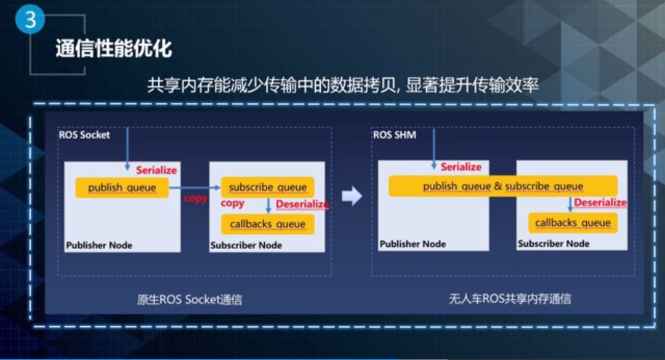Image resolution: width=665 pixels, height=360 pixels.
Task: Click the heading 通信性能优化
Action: [x=113, y=48]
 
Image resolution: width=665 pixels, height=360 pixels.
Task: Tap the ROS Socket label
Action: [x=84, y=134]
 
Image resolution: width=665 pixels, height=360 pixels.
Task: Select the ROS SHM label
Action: [x=395, y=134]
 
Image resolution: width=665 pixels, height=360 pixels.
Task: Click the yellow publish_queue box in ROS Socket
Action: [x=122, y=187]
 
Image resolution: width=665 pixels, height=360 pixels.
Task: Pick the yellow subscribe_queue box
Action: [x=267, y=187]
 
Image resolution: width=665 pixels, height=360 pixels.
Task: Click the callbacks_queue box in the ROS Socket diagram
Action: [x=267, y=224]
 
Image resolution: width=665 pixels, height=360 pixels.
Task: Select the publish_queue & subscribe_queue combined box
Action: [x=502, y=186]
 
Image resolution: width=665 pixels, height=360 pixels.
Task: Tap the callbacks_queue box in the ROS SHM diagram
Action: [x=572, y=223]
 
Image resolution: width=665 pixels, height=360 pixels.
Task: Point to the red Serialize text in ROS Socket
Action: [x=156, y=170]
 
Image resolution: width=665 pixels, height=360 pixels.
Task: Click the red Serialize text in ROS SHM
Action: [x=461, y=167]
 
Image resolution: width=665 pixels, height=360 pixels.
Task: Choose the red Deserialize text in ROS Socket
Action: [x=302, y=204]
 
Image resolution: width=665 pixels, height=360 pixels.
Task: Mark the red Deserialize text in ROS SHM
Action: [x=600, y=202]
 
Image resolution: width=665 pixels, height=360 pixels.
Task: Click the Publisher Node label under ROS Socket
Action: [x=99, y=245]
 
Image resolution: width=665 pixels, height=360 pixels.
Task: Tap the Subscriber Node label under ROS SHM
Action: [x=554, y=244]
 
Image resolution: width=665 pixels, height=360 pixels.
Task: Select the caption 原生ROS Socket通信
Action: [x=189, y=300]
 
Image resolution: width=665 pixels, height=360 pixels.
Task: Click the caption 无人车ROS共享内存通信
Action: [x=510, y=299]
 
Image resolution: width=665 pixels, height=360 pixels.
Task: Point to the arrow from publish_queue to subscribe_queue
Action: [x=195, y=186]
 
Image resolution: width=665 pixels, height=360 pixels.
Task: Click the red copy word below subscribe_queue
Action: [x=232, y=203]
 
